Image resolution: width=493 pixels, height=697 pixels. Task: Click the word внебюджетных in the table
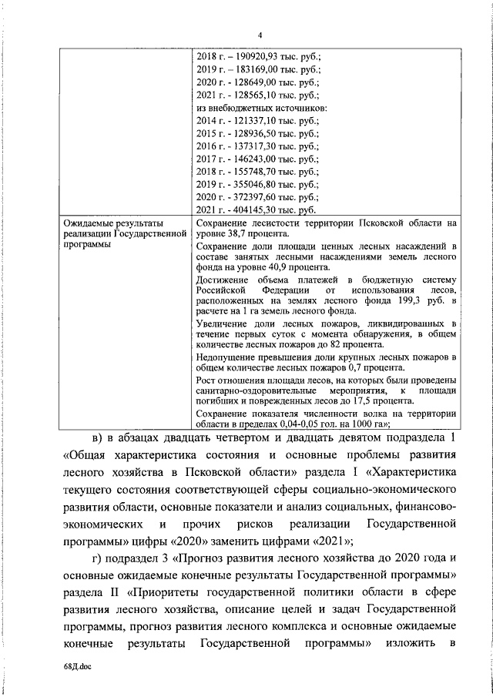coord(240,108)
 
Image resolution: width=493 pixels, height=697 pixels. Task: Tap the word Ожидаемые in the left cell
coord(88,223)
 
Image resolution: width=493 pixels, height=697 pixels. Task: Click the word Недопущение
coord(230,357)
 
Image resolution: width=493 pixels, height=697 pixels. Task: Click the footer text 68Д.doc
coord(76,669)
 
